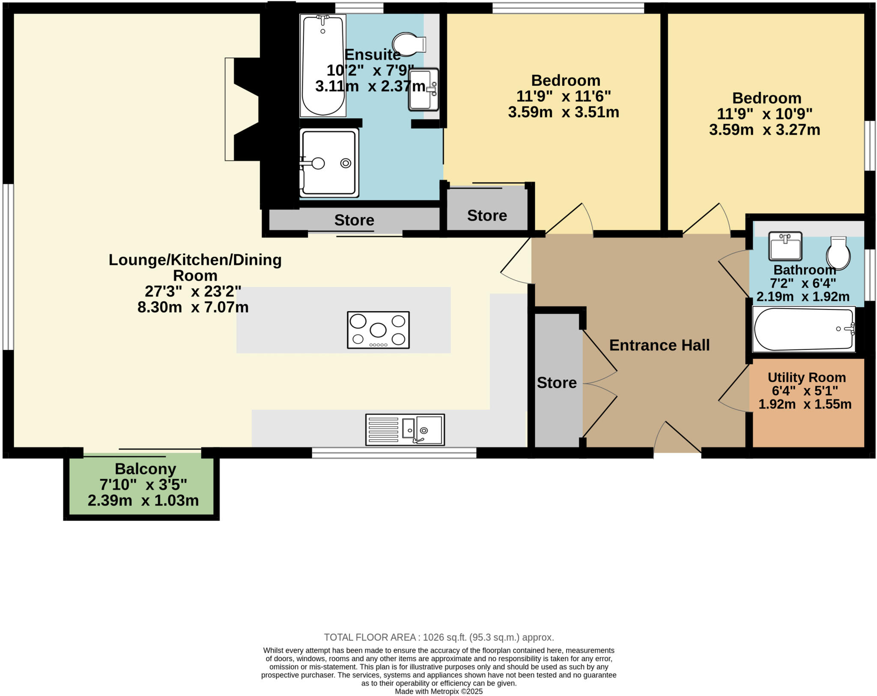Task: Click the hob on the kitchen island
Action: tap(378, 330)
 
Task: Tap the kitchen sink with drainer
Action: tap(405, 429)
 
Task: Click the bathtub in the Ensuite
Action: tap(323, 65)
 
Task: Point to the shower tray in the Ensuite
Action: tap(329, 163)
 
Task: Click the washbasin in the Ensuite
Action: tap(423, 89)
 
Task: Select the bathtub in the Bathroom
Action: tap(803, 329)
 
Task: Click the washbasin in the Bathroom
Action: tap(785, 246)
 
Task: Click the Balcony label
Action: tap(145, 469)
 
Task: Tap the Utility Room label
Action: tap(806, 377)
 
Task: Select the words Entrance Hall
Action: tap(659, 345)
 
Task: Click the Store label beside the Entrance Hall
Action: tap(556, 382)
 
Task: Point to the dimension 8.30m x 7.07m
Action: tap(193, 307)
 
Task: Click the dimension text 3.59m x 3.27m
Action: tap(764, 129)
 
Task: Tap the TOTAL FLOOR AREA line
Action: tap(438, 637)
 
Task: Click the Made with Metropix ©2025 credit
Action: tap(438, 691)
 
